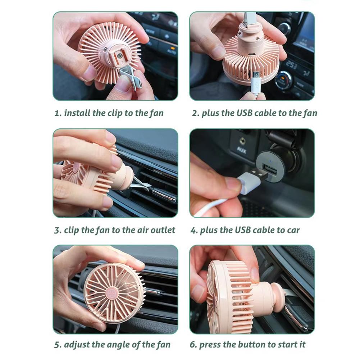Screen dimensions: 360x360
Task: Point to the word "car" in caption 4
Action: pos(293,230)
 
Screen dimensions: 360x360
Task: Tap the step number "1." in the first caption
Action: pos(58,113)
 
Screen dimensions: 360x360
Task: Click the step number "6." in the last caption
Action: pos(193,345)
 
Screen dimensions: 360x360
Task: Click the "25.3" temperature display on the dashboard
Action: pos(291,65)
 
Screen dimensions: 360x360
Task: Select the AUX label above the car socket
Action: pos(242,150)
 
